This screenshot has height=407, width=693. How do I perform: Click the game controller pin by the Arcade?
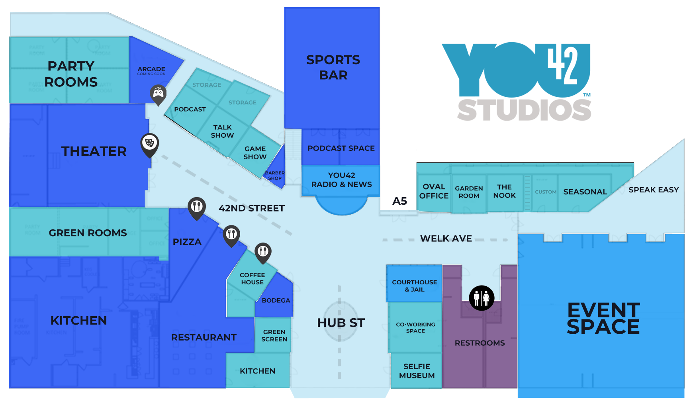[158, 94]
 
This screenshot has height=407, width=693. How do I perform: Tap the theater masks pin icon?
[149, 143]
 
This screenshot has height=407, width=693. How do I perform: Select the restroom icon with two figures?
[482, 298]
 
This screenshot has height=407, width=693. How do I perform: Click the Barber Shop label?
[275, 176]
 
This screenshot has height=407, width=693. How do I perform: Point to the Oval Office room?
[434, 192]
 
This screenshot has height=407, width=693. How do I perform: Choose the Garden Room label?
[469, 192]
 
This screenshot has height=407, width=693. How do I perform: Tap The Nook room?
[504, 192]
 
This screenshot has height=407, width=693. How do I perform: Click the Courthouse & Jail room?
[414, 286]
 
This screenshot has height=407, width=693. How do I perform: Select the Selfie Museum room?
[417, 371]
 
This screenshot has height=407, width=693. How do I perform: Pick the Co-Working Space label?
[415, 327]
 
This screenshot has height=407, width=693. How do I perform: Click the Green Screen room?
[274, 335]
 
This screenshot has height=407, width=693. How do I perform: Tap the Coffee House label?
[252, 278]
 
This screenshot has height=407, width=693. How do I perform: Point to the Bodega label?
[276, 300]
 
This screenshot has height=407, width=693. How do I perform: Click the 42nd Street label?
[252, 208]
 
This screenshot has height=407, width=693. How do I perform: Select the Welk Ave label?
[446, 239]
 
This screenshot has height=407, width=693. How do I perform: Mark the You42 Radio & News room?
[341, 180]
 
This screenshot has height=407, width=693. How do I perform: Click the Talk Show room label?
[222, 131]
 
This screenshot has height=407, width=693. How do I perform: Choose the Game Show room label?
[255, 153]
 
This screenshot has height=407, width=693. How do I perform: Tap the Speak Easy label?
[654, 190]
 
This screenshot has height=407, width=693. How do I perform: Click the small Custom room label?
[545, 192]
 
